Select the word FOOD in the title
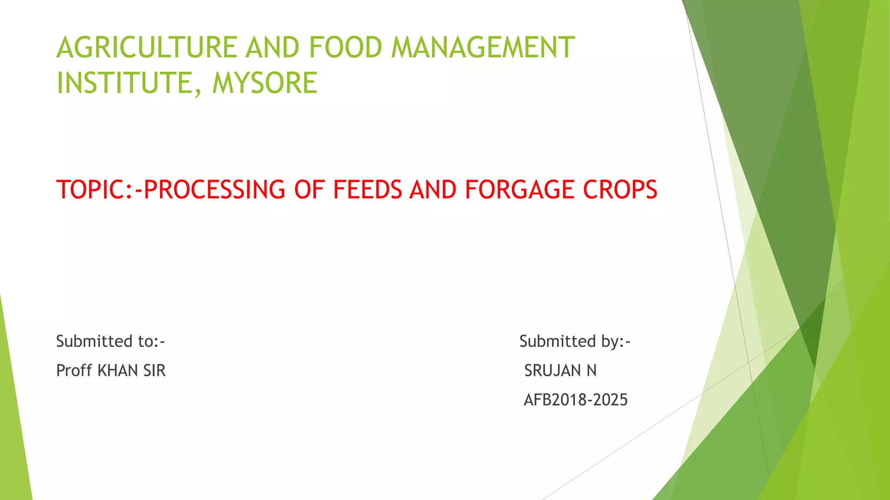[x=345, y=47]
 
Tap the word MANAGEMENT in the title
[x=482, y=47]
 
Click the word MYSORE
[x=265, y=83]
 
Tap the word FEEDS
[x=367, y=190]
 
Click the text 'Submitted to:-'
[x=110, y=342]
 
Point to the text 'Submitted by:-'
[x=575, y=342]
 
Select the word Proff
[x=74, y=371]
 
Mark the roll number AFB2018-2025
[x=575, y=400]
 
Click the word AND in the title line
[x=272, y=47]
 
